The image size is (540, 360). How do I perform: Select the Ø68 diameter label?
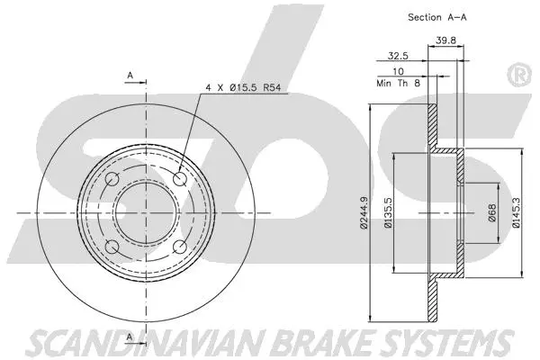tap(491, 212)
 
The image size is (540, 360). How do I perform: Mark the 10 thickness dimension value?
tap(398, 69)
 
